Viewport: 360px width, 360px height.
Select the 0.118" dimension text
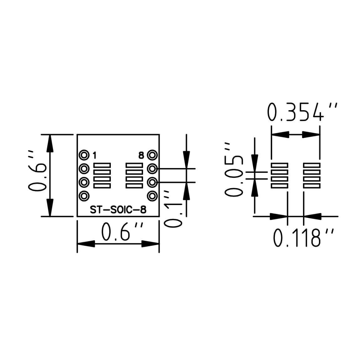[302, 238]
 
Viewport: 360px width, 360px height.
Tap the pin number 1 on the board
[95, 155]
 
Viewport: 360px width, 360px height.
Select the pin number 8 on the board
[141, 155]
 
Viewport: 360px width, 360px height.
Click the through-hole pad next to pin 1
[84, 155]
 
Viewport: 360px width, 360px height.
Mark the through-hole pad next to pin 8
[152, 155]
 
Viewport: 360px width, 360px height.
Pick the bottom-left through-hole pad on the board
[84, 196]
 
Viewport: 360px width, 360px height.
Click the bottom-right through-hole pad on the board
[152, 196]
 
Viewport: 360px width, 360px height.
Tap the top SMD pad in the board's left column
[102, 165]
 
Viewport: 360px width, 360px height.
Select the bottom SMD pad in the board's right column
[134, 186]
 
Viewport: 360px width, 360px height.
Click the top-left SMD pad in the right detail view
[280, 165]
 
